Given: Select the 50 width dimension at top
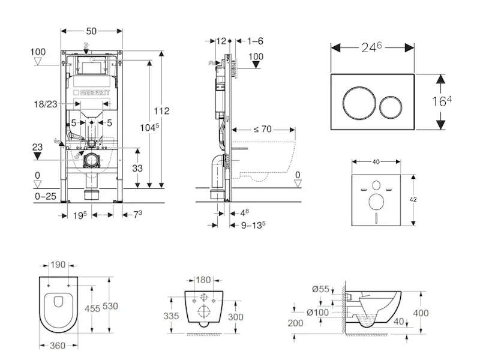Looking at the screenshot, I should (x=91, y=30).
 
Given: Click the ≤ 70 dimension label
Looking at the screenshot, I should (x=263, y=128).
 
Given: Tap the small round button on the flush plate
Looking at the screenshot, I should (x=391, y=106).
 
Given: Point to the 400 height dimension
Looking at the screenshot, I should (x=422, y=313).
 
